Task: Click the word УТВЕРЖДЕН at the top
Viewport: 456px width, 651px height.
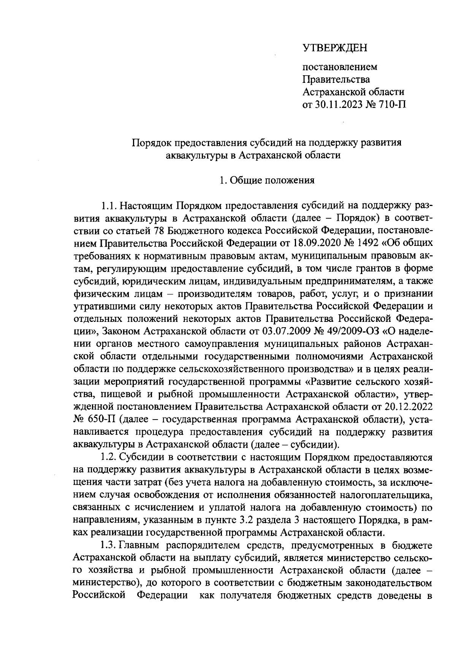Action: point(335,48)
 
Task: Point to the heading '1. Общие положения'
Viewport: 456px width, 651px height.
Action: point(267,180)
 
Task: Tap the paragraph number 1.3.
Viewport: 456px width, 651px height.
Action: point(108,546)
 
